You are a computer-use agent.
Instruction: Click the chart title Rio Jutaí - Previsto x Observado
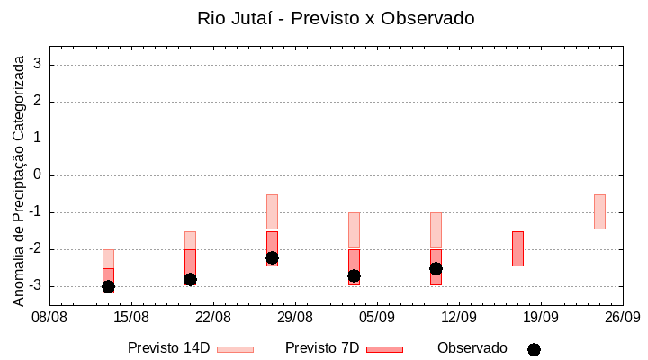pyautogui.click(x=336, y=18)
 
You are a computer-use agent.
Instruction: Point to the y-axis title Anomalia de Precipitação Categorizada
pyautogui.click(x=19, y=178)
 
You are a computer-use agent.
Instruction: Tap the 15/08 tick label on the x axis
pyautogui.click(x=131, y=317)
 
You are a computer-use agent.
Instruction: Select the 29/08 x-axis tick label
pyautogui.click(x=295, y=317)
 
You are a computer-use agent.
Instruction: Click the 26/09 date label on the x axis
pyautogui.click(x=623, y=317)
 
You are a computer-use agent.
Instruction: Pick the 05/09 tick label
pyautogui.click(x=377, y=317)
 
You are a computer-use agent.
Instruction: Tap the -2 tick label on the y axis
pyautogui.click(x=37, y=249)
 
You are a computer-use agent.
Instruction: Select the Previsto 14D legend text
pyautogui.click(x=168, y=348)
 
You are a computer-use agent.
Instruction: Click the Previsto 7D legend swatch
pyautogui.click(x=384, y=349)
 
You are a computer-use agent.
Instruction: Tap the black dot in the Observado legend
pyautogui.click(x=534, y=349)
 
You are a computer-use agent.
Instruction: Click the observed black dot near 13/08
pyautogui.click(x=108, y=286)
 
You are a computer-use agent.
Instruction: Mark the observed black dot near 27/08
pyautogui.click(x=272, y=257)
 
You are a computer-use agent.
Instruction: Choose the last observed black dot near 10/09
pyautogui.click(x=436, y=268)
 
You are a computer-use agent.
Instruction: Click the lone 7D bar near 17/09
pyautogui.click(x=517, y=248)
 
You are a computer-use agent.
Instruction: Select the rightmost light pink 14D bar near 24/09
pyautogui.click(x=599, y=211)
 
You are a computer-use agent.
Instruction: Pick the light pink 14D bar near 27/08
pyautogui.click(x=272, y=211)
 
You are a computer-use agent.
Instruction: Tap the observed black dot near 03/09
pyautogui.click(x=354, y=275)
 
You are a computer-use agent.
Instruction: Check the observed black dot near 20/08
pyautogui.click(x=190, y=279)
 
